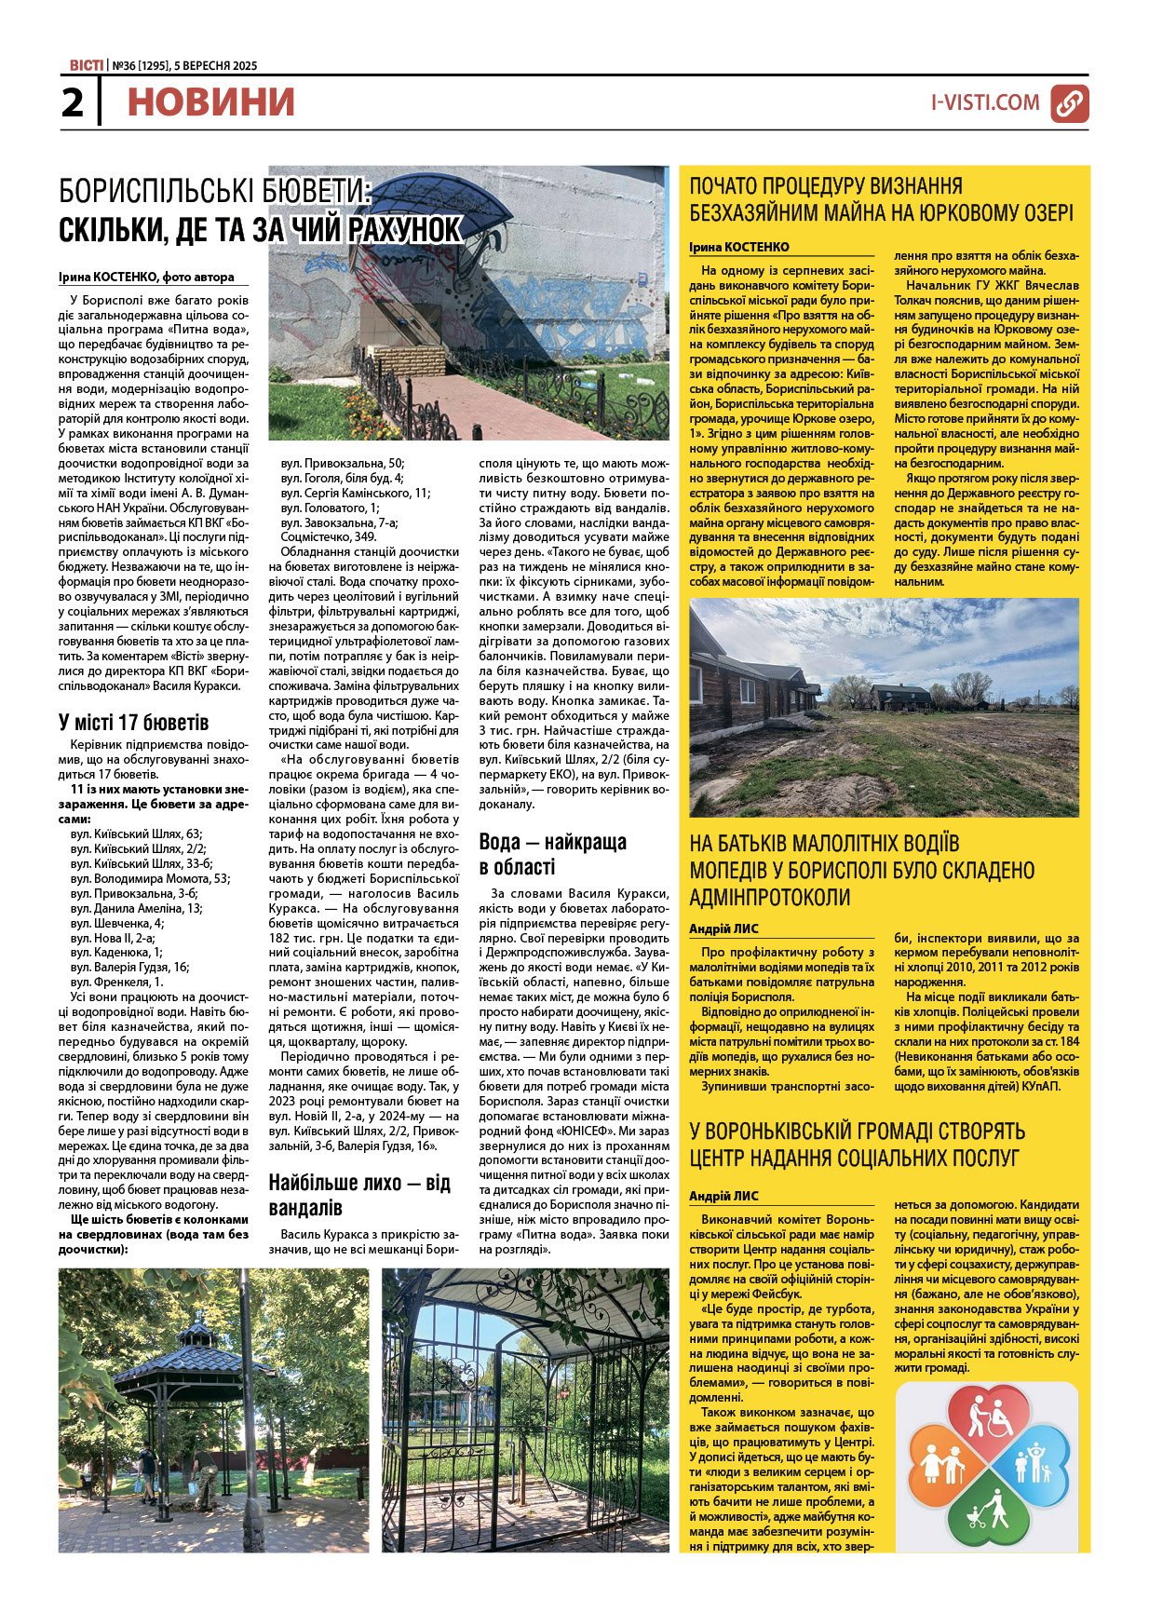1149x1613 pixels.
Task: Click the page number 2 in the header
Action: pyautogui.click(x=72, y=102)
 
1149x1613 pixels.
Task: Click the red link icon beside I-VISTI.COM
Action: pyautogui.click(x=1070, y=103)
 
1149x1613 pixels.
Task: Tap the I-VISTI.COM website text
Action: pyautogui.click(x=985, y=102)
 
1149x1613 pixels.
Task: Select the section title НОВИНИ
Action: pyautogui.click(x=210, y=102)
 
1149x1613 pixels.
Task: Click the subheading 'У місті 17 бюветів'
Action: pyautogui.click(x=133, y=723)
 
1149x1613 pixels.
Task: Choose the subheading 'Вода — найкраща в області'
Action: pyautogui.click(x=552, y=854)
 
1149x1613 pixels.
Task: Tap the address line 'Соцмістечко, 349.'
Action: pyautogui.click(x=329, y=536)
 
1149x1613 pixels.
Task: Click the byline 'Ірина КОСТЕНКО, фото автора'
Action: pyautogui.click(x=146, y=277)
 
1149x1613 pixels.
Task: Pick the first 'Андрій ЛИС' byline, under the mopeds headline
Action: pyautogui.click(x=723, y=928)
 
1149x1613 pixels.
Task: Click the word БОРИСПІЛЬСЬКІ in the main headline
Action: pyautogui.click(x=149, y=192)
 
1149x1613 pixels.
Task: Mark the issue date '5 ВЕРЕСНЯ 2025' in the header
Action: pyautogui.click(x=216, y=66)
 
